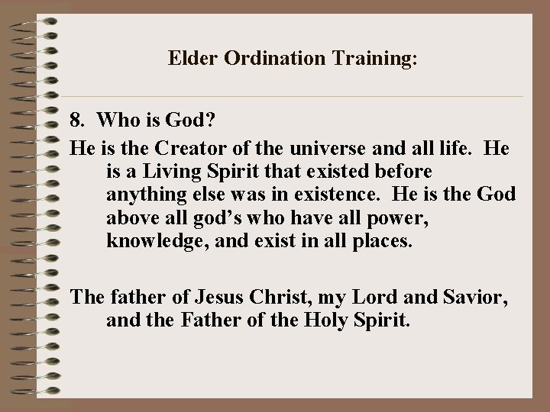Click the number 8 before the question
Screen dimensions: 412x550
pyautogui.click(x=75, y=121)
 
